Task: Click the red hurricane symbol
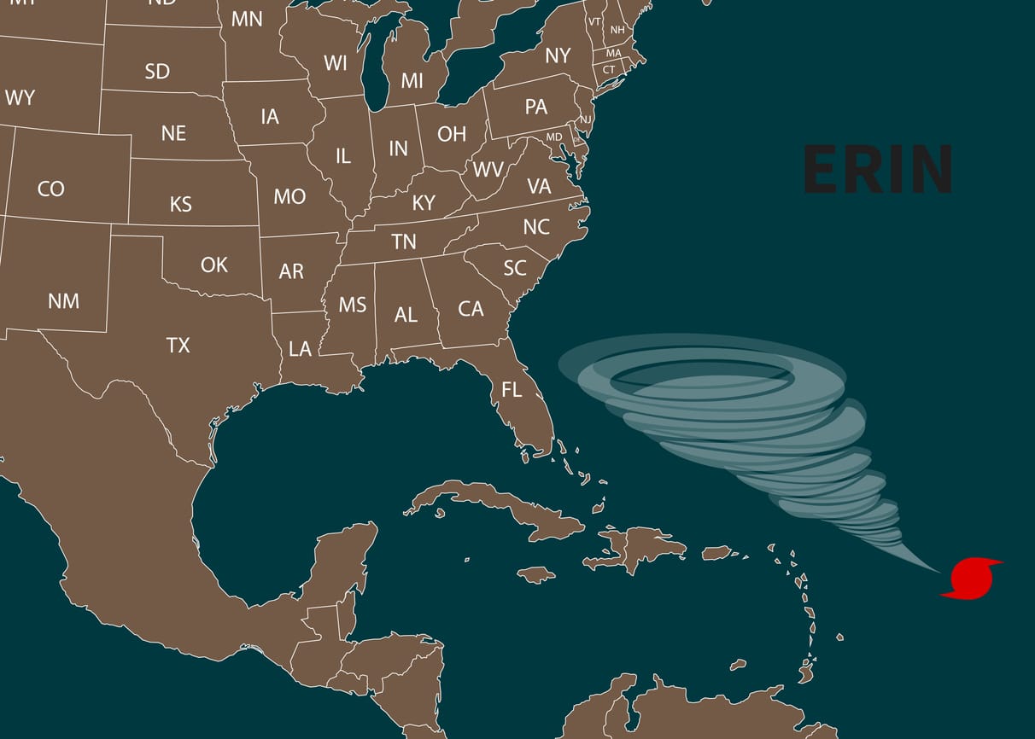point(972,579)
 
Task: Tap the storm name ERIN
point(878,169)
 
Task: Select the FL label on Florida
point(512,391)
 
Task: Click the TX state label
point(178,345)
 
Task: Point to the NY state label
point(558,56)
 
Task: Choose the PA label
point(536,108)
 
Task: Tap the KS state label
point(181,204)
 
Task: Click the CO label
point(51,188)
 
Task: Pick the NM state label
point(63,300)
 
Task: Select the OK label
point(214,265)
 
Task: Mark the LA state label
point(300,349)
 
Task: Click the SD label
point(157,71)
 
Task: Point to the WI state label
point(336,63)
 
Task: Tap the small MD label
point(554,137)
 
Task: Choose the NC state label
point(536,227)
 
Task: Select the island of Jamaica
point(536,575)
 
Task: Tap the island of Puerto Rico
point(716,553)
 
